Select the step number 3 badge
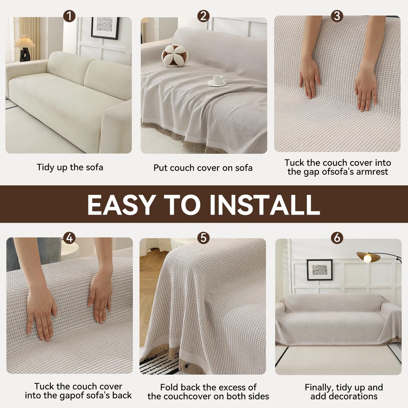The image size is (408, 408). pos(337,16)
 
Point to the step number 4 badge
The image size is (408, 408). pos(69,238)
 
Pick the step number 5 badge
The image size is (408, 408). pos(203,238)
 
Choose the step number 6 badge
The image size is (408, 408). pos(337,238)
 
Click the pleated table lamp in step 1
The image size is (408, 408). pos(25,49)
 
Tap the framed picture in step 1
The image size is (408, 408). pos(105,28)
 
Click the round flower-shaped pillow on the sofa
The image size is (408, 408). pos(175,56)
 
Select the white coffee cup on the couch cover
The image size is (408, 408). pos(217,80)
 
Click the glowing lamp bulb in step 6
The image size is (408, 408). pos(368,258)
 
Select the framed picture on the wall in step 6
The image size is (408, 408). pos(320,270)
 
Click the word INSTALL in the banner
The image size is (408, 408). pos(265,205)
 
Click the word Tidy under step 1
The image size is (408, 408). pos(45,167)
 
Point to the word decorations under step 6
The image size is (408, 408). pos(344,396)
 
